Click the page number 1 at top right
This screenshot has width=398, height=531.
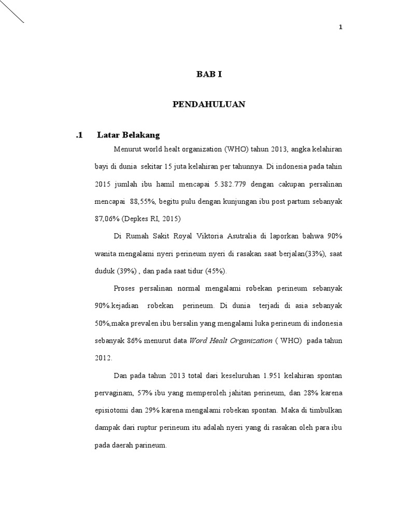340,28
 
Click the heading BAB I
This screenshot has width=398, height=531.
209,75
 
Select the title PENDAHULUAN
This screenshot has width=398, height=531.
209,105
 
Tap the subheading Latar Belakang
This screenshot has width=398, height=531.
128,135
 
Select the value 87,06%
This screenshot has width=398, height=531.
107,218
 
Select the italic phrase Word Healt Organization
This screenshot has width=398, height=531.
231,341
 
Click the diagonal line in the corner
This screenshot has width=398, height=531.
11,12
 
